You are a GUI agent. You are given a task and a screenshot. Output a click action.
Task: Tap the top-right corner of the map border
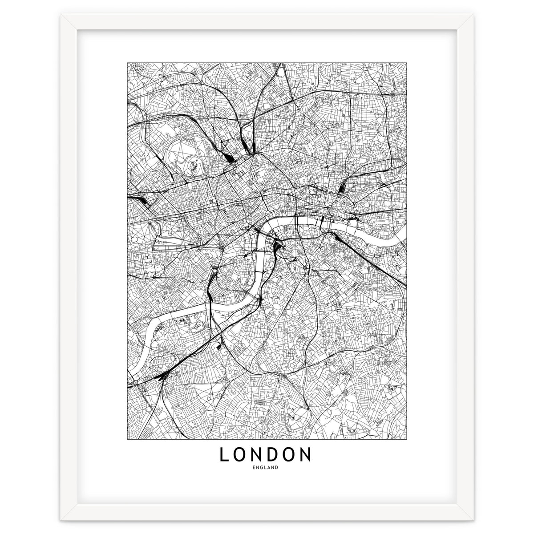click(x=405, y=63)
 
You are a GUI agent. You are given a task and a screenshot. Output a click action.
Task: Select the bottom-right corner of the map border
click(x=405, y=437)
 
